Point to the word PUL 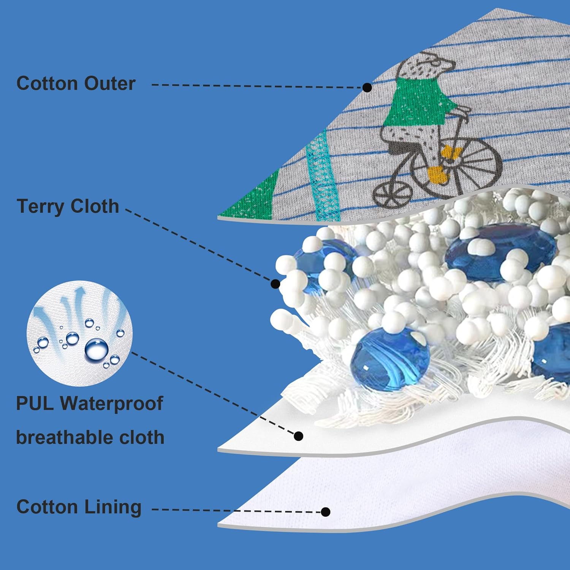35,403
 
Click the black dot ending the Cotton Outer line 367,88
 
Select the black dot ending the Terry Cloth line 275,283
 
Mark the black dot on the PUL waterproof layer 299,436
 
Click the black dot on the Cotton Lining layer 325,512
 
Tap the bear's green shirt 418,101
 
